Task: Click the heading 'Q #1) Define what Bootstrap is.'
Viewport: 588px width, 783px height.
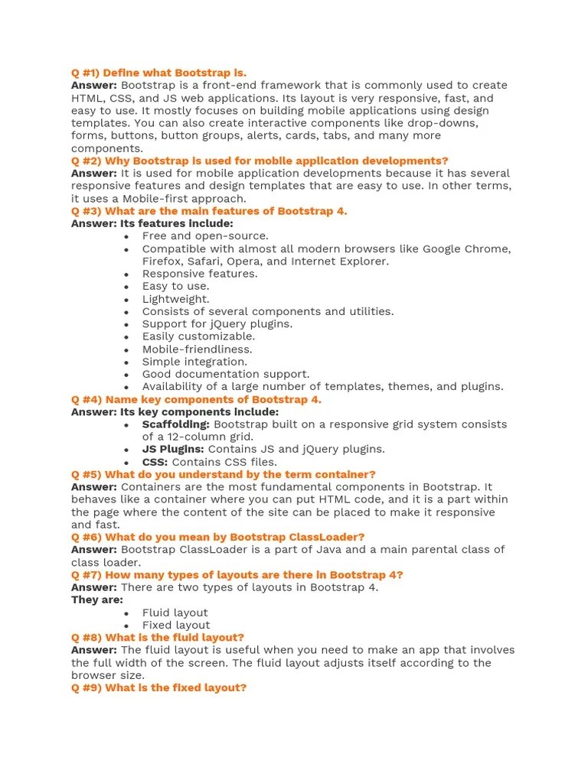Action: (x=158, y=73)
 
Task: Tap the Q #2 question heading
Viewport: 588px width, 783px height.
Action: (x=260, y=161)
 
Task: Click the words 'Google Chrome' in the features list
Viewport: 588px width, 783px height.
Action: (x=466, y=249)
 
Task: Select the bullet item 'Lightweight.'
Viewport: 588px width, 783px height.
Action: (x=175, y=299)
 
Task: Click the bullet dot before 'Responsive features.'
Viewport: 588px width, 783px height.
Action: (x=126, y=274)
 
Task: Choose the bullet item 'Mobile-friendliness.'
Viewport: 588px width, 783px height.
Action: (x=197, y=349)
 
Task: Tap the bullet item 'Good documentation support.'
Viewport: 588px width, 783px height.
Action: (x=226, y=374)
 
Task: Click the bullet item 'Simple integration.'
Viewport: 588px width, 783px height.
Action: (x=194, y=362)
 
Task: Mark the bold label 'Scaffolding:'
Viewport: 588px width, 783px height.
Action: (x=175, y=424)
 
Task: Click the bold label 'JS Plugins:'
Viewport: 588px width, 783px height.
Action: (x=173, y=449)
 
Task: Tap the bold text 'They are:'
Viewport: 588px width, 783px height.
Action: (x=96, y=599)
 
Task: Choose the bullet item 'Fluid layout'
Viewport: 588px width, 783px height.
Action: (x=175, y=612)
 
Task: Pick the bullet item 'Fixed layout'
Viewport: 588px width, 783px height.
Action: (x=175, y=625)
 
